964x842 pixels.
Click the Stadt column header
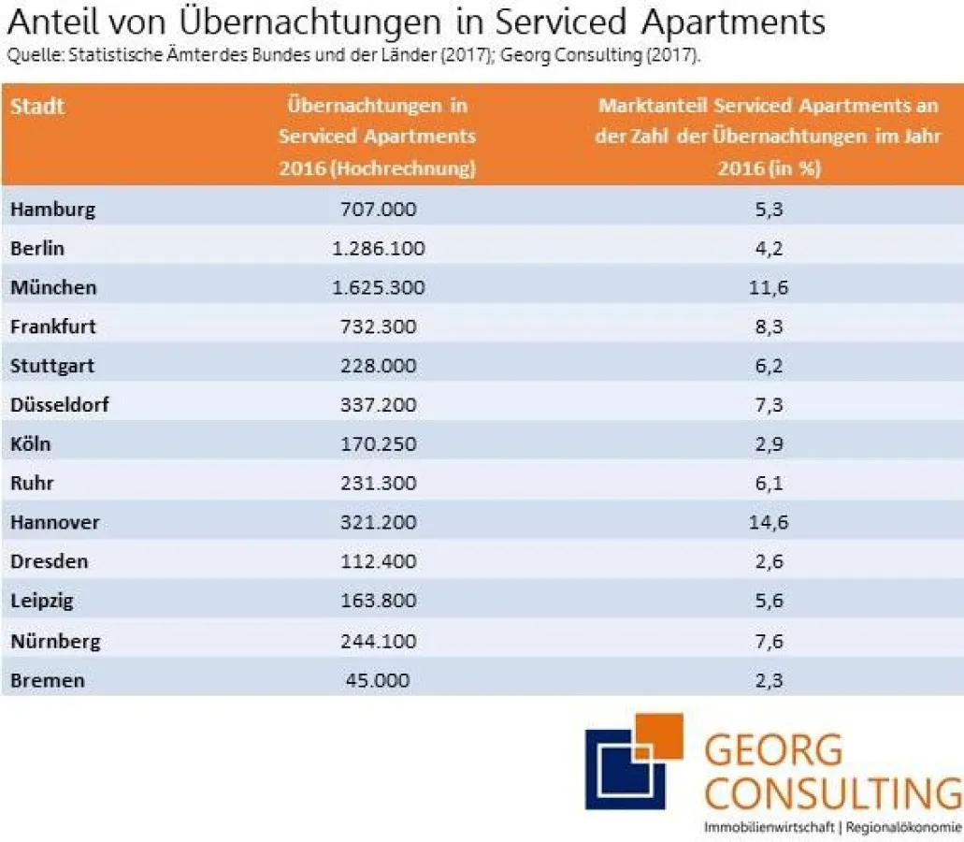click(x=37, y=106)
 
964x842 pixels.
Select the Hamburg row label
click(x=52, y=209)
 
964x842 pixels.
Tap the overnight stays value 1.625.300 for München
click(x=378, y=287)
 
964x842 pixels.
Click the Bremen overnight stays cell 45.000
click(x=378, y=680)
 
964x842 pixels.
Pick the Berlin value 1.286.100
click(x=378, y=248)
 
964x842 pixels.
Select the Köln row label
click(x=30, y=443)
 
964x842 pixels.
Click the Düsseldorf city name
click(x=61, y=405)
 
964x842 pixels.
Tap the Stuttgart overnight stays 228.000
click(x=378, y=366)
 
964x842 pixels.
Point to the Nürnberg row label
click(x=55, y=641)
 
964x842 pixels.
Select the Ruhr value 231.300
click(x=378, y=484)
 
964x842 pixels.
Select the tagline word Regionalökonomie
click(x=903, y=828)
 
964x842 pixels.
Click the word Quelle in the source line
click(x=28, y=54)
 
